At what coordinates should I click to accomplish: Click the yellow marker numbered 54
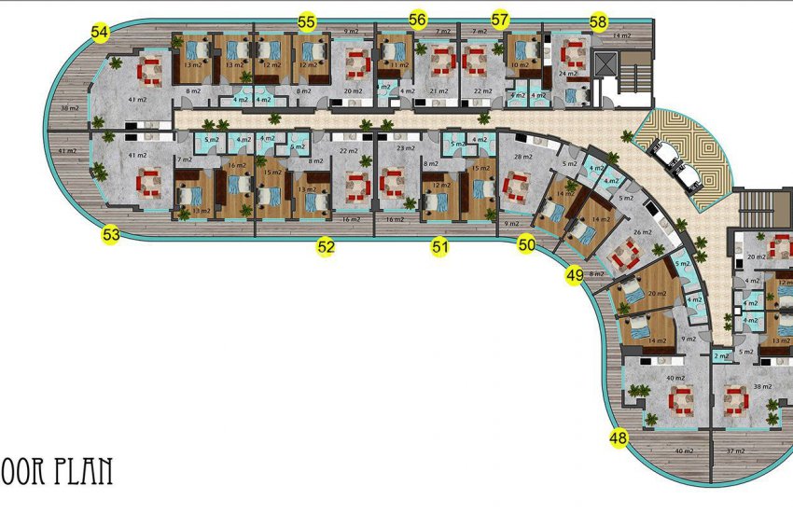click(100, 33)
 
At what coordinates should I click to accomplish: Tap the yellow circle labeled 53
click(111, 235)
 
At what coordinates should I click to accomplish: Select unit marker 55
click(306, 21)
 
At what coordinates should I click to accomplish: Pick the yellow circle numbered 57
click(500, 20)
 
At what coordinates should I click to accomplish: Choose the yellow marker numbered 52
click(325, 247)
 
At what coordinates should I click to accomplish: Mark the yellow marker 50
click(527, 245)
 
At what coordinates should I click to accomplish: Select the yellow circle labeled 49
click(575, 275)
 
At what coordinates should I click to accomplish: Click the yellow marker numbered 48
click(619, 437)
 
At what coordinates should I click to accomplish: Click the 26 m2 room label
click(643, 232)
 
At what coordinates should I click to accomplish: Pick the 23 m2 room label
click(405, 148)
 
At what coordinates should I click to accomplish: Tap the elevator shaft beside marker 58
click(605, 65)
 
